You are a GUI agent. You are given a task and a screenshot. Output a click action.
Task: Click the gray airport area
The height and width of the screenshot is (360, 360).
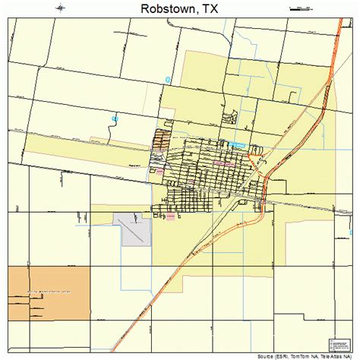pyautogui.click(x=134, y=229)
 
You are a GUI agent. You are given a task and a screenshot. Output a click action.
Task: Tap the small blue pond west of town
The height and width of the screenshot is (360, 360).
pyautogui.click(x=115, y=118)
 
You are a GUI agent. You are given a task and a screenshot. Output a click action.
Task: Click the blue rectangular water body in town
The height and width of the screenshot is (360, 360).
pyautogui.click(x=238, y=144)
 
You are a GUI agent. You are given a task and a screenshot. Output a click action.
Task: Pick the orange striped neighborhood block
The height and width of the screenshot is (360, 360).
pyautogui.click(x=160, y=140)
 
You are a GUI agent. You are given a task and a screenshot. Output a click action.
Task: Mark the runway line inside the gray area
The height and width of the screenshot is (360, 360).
pyautogui.click(x=137, y=232)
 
